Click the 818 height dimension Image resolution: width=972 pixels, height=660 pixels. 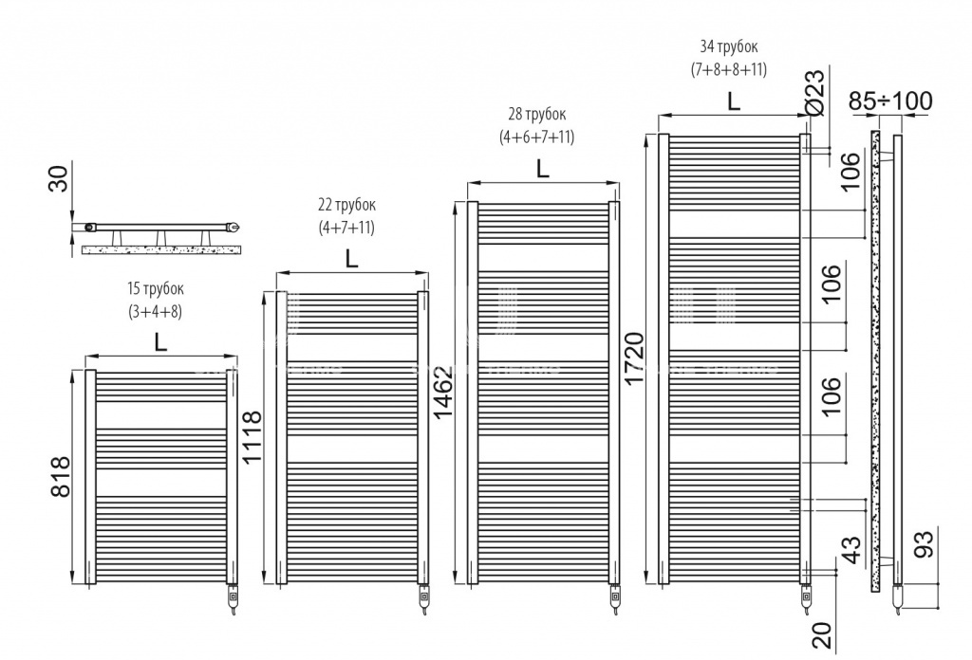[x=60, y=477]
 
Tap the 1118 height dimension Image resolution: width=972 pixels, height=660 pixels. [x=252, y=436]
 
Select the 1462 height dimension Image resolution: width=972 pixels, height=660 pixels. [x=444, y=392]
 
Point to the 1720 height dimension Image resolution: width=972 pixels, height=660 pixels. [x=635, y=358]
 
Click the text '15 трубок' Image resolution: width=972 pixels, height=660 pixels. [x=156, y=288]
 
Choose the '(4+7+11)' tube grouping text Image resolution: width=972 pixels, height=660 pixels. [x=346, y=228]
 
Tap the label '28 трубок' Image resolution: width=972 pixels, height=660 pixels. [x=537, y=114]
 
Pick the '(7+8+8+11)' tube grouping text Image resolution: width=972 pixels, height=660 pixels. [x=729, y=68]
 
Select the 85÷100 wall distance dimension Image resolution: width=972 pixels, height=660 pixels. [x=890, y=101]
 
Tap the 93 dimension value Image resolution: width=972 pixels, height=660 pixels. [x=924, y=544]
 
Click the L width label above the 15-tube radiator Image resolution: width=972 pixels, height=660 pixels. [x=160, y=341]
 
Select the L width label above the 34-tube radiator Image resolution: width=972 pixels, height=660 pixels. [x=734, y=101]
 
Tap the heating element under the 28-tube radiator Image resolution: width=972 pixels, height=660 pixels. [x=614, y=600]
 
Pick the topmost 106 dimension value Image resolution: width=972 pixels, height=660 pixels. [x=852, y=171]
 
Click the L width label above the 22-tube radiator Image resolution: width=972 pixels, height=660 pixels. [x=351, y=259]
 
